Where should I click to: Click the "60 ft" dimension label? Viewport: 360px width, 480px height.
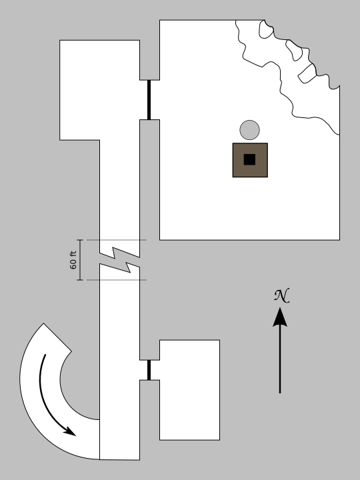tap(73, 260)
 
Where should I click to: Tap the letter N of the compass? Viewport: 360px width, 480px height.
tap(281, 296)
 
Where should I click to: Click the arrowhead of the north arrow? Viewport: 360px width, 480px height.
tap(280, 317)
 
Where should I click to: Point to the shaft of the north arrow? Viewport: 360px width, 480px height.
tap(280, 360)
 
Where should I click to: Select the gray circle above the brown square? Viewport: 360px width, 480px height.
tap(249, 130)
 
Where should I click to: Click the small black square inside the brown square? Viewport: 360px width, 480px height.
tap(249, 159)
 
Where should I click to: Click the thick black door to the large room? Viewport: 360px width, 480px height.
tap(149, 100)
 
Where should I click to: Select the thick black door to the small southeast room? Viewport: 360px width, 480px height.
tap(149, 370)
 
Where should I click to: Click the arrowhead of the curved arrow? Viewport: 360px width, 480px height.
tap(70, 431)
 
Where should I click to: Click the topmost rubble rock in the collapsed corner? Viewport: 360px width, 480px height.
tap(266, 29)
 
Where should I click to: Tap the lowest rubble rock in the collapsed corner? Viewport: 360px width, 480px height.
tap(307, 73)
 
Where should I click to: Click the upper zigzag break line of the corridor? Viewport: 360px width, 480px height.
tap(120, 252)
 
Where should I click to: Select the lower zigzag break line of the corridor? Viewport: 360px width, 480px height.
tap(120, 268)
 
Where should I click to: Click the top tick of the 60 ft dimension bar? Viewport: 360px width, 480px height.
tap(80, 240)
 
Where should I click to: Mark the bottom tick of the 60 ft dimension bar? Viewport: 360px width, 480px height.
tap(80, 280)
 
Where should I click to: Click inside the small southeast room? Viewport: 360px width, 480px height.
tap(189, 390)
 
